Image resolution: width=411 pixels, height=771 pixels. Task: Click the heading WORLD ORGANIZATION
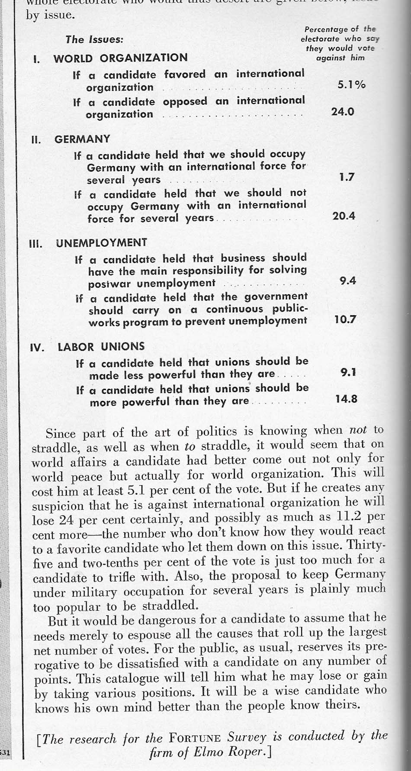120,58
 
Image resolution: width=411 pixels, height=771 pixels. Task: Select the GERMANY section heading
82,139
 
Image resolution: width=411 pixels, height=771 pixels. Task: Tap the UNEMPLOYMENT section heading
101,243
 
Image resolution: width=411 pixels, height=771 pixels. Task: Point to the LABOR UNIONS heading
101,347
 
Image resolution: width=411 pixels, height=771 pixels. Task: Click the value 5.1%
351,84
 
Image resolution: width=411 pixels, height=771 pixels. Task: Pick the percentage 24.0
343,112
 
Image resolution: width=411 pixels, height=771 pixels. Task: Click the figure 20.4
344,216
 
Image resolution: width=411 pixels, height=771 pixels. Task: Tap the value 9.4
348,281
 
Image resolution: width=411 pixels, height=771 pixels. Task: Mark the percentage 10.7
345,320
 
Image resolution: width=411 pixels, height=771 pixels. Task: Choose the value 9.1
348,372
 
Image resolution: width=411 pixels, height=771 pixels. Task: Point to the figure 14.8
346,399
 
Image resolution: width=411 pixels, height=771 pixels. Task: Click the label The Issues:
94,39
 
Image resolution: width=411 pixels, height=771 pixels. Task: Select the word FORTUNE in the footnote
195,738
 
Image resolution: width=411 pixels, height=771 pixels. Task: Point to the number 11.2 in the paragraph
350,516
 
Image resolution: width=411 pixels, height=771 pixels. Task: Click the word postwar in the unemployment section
110,284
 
